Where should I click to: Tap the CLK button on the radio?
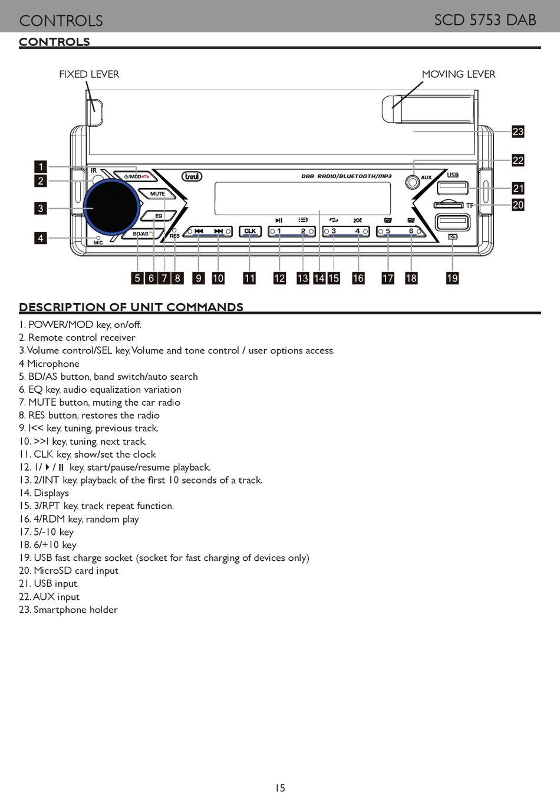click(x=250, y=232)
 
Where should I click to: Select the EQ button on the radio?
click(x=158, y=216)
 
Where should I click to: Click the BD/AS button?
click(x=141, y=234)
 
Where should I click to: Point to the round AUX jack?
click(x=413, y=182)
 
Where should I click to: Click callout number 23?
click(x=518, y=132)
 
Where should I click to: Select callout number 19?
click(x=452, y=278)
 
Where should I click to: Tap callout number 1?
click(x=41, y=167)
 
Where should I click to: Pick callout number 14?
click(x=319, y=278)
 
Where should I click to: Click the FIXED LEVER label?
click(x=89, y=74)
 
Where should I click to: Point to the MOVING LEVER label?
click(x=458, y=74)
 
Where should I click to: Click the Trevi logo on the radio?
click(x=192, y=176)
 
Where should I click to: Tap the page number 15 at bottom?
click(x=280, y=788)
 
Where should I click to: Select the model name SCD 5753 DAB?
click(x=485, y=20)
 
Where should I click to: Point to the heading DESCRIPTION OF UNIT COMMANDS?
click(x=131, y=307)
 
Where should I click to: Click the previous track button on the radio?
click(x=199, y=232)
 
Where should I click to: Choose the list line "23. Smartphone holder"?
click(x=68, y=610)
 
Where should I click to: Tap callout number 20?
click(x=518, y=205)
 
